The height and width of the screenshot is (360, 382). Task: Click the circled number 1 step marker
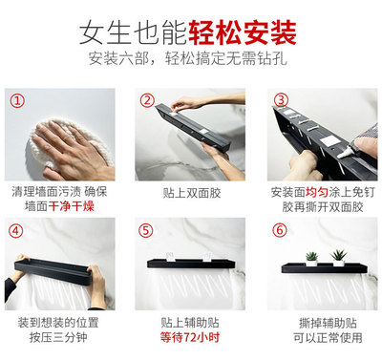(x=17, y=100)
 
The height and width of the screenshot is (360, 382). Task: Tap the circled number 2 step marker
(x=147, y=100)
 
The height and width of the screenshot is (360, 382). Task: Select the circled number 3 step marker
(x=281, y=100)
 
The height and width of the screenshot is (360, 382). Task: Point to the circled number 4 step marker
(x=16, y=231)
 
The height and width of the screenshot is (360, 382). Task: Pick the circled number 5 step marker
(x=146, y=230)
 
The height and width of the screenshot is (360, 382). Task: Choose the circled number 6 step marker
(x=280, y=230)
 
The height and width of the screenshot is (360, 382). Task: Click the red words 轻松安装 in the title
(x=243, y=32)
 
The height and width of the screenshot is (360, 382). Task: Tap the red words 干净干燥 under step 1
(x=72, y=206)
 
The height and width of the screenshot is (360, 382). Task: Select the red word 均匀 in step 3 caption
(x=317, y=192)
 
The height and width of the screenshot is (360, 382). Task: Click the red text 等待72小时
(x=190, y=337)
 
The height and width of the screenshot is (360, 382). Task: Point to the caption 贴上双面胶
(x=192, y=193)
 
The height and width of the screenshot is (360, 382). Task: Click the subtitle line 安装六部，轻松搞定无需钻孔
(x=188, y=58)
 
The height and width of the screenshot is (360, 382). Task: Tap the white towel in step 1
(x=69, y=143)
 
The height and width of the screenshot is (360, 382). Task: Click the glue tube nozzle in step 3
(x=344, y=155)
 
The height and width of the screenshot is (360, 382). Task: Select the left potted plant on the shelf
(x=311, y=259)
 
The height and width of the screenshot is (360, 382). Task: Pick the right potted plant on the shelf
(x=339, y=258)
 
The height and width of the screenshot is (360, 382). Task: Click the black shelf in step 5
(x=190, y=264)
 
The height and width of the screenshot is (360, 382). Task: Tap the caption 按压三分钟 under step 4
(x=58, y=337)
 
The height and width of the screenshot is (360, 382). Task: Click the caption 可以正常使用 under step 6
(x=328, y=337)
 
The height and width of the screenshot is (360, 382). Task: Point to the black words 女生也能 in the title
(x=133, y=32)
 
